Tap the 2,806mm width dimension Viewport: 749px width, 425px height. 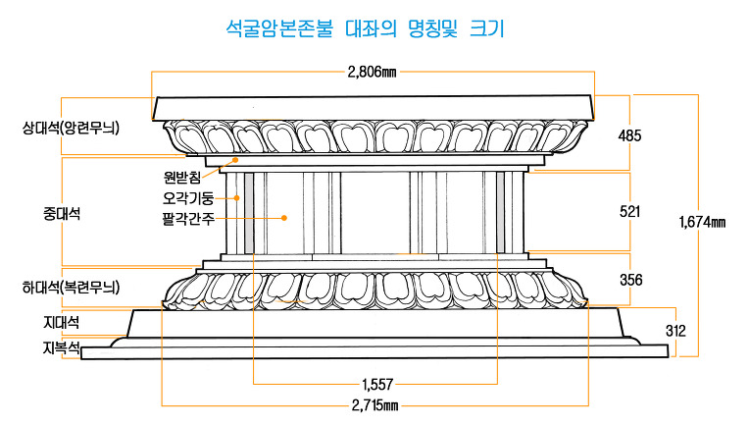pyautogui.click(x=373, y=72)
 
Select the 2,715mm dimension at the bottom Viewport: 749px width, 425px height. pyautogui.click(x=375, y=404)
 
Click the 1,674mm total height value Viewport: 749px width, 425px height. pyautogui.click(x=702, y=223)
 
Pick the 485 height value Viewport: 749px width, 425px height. pyautogui.click(x=629, y=135)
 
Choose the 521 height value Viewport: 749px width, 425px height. pyautogui.click(x=630, y=211)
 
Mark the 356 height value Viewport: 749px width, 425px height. pyautogui.click(x=630, y=280)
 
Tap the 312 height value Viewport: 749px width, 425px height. pyautogui.click(x=675, y=332)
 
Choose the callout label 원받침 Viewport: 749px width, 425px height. pyautogui.click(x=181, y=178)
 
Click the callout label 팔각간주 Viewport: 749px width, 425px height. pyautogui.click(x=188, y=217)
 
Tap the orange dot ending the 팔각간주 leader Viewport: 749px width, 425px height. pyautogui.click(x=283, y=217)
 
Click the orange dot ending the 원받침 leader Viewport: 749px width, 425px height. pyautogui.click(x=235, y=160)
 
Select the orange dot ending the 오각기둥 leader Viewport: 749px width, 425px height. pyautogui.click(x=236, y=196)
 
